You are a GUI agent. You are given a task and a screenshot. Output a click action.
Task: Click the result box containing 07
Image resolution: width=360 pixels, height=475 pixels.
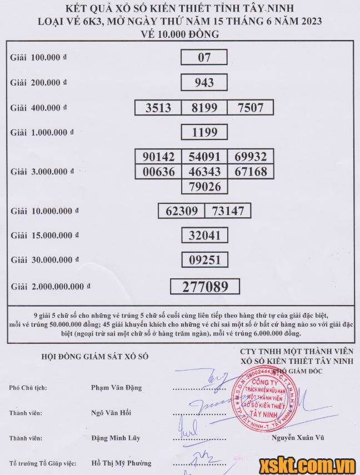tap(204, 57)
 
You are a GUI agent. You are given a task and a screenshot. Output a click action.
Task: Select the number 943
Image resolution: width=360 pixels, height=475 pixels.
tap(204, 82)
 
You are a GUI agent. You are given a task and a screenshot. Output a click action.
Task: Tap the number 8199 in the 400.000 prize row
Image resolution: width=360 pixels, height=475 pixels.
tap(204, 107)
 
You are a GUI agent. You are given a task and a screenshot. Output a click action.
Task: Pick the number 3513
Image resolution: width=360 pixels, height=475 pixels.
tap(158, 107)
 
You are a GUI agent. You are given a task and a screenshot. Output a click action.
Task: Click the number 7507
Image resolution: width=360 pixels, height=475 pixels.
tap(250, 107)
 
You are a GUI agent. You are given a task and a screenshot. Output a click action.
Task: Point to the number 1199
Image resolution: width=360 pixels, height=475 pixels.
tap(204, 132)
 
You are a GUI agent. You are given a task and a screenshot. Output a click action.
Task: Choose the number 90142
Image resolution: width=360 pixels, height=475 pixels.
tap(158, 157)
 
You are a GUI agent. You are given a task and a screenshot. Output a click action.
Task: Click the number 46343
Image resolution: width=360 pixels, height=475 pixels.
tap(204, 172)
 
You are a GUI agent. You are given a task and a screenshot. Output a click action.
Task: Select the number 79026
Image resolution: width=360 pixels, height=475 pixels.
tap(204, 186)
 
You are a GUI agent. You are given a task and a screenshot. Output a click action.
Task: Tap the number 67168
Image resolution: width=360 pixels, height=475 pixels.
tap(251, 172)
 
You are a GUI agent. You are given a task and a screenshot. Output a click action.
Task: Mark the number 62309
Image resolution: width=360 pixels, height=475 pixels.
tap(182, 211)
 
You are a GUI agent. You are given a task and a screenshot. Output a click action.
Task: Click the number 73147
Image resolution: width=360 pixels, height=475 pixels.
tap(228, 211)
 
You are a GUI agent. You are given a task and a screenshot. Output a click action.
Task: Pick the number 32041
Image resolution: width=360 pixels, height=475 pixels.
tap(204, 235)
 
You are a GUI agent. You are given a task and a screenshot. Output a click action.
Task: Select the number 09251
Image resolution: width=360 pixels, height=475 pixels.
tap(204, 259)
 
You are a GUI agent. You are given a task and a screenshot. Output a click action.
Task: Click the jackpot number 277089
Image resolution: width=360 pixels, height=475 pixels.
tap(204, 286)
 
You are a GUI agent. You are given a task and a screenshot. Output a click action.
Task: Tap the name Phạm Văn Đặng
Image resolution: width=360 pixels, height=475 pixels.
tap(116, 388)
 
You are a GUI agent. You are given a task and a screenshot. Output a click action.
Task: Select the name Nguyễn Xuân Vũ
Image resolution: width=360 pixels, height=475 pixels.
tap(298, 438)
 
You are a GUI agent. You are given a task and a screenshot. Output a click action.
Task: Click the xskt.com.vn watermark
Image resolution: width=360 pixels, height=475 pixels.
tap(307, 463)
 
